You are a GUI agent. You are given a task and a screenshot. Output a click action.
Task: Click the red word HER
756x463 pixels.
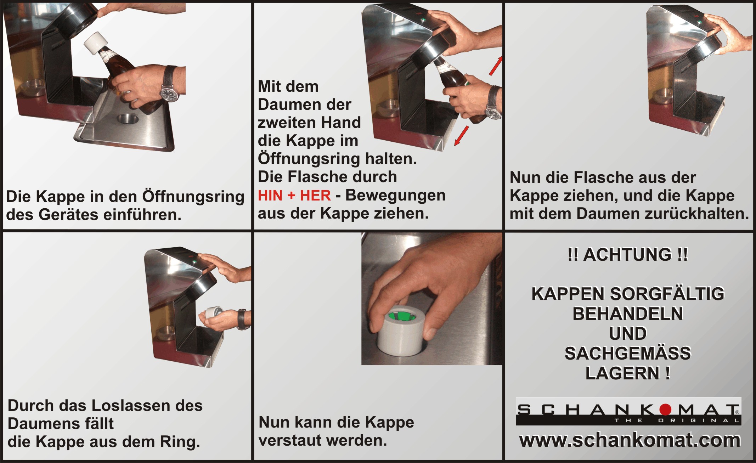(x=315, y=195)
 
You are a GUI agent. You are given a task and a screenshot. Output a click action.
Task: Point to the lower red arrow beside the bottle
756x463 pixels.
(x=462, y=136)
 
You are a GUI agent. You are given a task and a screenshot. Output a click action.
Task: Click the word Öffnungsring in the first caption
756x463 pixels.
(x=193, y=197)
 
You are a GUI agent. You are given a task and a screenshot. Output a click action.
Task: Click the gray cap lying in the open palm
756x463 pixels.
(x=211, y=313)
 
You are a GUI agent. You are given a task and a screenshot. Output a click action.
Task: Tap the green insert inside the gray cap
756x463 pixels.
(x=401, y=315)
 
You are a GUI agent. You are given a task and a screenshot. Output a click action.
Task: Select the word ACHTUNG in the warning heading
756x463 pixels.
(x=627, y=255)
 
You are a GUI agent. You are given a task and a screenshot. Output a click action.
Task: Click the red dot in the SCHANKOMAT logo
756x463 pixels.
(x=665, y=409)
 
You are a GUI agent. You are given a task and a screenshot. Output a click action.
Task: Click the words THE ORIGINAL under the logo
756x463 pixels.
(x=677, y=420)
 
